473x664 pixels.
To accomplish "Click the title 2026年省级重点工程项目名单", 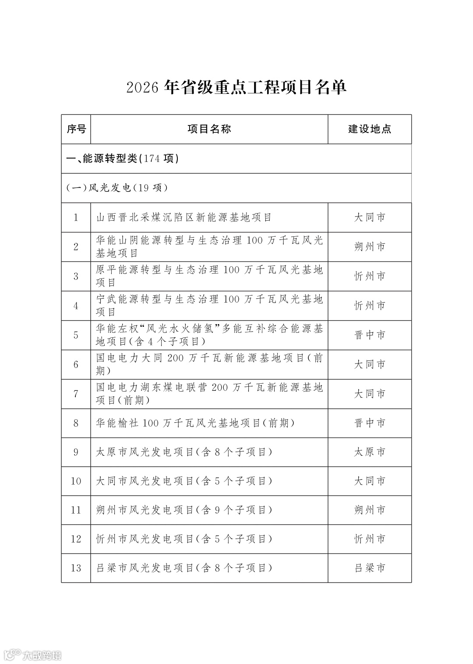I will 236,87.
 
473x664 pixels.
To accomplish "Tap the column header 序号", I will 76,129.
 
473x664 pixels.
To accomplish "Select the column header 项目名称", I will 209,129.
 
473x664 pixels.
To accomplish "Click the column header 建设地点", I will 370,129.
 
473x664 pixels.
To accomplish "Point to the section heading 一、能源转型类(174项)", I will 123,158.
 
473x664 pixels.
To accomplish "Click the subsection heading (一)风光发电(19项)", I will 117,188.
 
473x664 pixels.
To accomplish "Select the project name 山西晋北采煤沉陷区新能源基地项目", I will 184,218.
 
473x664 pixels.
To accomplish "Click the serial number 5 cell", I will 76,335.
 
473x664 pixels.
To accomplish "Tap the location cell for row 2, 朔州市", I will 370,247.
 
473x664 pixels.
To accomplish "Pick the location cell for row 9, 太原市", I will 370,452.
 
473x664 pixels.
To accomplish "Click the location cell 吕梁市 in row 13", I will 370,568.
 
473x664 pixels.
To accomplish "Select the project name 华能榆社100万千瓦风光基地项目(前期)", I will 195,423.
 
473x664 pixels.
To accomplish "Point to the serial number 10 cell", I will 76,481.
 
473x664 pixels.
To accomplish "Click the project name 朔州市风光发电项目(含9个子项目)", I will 184,510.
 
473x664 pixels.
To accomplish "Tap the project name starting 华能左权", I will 209,335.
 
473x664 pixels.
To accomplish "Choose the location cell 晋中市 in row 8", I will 370,423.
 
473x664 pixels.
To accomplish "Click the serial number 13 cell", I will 76,568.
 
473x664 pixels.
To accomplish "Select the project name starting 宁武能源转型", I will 209,305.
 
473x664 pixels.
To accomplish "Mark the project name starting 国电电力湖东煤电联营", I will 209,394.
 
